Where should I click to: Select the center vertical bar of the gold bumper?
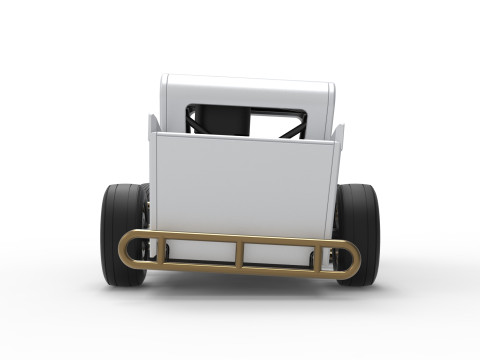click(x=239, y=253)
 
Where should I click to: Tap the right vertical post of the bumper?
click(x=321, y=257)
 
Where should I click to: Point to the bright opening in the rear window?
click(x=275, y=124)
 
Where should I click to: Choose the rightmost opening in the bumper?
click(x=337, y=259)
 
